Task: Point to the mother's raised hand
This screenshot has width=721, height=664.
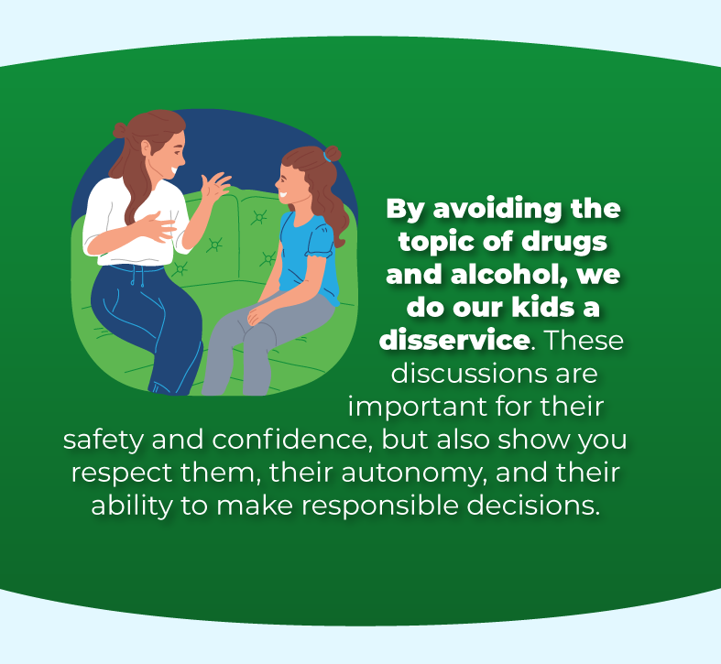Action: [217, 185]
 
